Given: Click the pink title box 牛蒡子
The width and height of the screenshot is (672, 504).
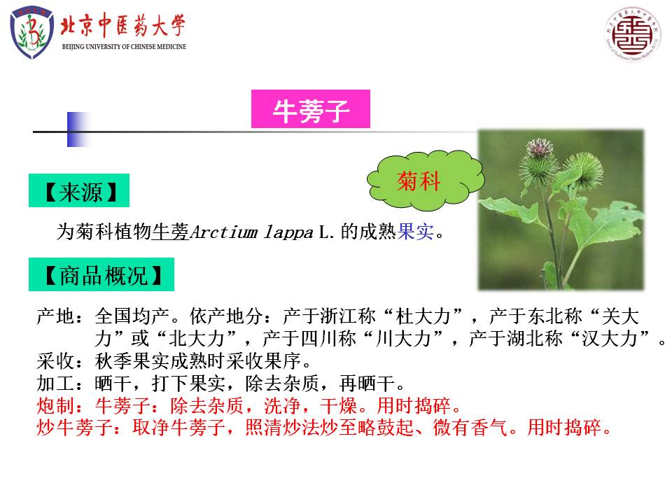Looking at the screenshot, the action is click(x=311, y=109).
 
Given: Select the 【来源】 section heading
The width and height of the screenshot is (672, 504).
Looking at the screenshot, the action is click(x=79, y=190).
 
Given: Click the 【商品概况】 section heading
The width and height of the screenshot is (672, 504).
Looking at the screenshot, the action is click(x=101, y=274).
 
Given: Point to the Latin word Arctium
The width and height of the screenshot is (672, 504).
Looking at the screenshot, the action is click(x=224, y=232).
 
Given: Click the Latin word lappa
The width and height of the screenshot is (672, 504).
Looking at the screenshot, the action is click(x=288, y=233).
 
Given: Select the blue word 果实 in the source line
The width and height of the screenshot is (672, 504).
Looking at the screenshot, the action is click(x=416, y=232).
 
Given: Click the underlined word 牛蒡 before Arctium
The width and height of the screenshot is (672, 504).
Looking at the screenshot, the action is click(x=171, y=232).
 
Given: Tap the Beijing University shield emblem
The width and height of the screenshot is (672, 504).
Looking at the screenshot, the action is click(x=31, y=32).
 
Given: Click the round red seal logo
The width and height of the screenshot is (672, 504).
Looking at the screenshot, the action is click(x=633, y=34).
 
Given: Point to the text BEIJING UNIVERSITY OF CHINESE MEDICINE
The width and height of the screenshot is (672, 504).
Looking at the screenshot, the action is click(x=125, y=47).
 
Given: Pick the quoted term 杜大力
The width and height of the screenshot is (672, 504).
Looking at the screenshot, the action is click(x=423, y=316).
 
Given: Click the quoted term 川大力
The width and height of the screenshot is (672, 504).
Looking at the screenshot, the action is click(x=403, y=339).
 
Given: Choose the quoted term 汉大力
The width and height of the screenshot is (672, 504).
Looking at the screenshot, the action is click(x=610, y=339).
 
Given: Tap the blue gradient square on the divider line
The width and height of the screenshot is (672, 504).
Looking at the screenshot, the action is click(x=78, y=129).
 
